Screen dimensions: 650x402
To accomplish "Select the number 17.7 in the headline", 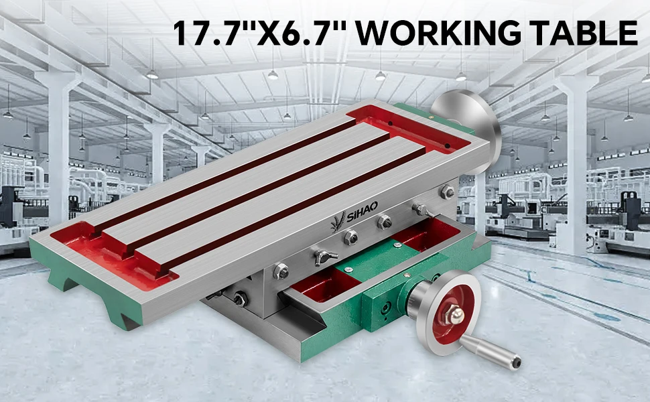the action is tap(205, 33).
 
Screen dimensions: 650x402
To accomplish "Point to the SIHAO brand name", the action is tap(362, 211).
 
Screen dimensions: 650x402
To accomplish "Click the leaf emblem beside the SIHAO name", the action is tap(338, 222).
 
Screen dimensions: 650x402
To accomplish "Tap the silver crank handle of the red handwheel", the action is tap(491, 352).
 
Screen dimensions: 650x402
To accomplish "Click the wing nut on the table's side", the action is tap(324, 257).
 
